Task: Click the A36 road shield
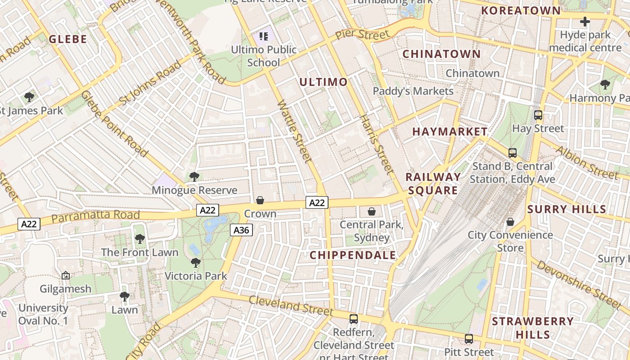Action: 241,230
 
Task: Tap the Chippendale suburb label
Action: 353,255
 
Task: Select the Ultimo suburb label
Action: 323,82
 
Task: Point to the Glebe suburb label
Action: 67,39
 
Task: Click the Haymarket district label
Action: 450,132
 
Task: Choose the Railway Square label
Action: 433,184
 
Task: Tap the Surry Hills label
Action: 567,209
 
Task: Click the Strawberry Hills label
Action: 533,328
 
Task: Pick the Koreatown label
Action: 521,11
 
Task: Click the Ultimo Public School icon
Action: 264,36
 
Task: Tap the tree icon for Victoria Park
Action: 195,262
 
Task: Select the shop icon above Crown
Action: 260,200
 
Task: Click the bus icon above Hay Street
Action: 538,115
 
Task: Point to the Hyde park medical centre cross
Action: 585,21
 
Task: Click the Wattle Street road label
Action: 295,131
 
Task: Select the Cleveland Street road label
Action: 291,306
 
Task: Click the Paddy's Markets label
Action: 413,91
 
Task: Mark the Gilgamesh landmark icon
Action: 66,275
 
